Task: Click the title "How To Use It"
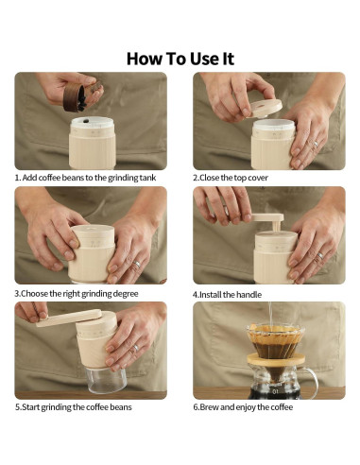click(180, 59)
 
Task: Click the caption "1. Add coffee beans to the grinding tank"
click(86, 178)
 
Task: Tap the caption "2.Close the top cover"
click(231, 178)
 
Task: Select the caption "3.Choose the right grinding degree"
click(77, 294)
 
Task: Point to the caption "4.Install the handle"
click(227, 295)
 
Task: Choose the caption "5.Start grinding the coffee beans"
click(74, 407)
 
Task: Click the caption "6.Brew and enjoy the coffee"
click(243, 407)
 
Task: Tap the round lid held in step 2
click(265, 108)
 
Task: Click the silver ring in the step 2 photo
click(316, 145)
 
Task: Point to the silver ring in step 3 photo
click(137, 264)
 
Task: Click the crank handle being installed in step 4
click(268, 221)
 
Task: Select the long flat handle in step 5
click(69, 318)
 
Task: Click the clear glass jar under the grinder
click(107, 380)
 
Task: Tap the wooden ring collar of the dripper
click(276, 360)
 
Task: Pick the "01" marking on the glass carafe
click(276, 391)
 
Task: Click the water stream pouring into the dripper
click(269, 314)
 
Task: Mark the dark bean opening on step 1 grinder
click(85, 120)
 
